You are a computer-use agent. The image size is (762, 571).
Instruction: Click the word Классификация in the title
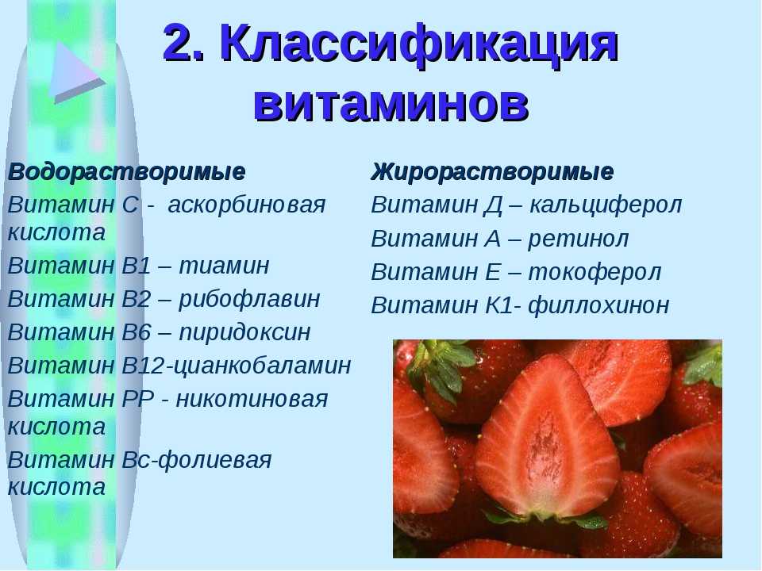click(x=419, y=44)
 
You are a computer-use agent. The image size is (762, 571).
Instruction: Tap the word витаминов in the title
click(x=391, y=103)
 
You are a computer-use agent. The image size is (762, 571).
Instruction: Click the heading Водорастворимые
click(x=126, y=172)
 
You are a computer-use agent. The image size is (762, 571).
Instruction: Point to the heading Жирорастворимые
click(x=492, y=172)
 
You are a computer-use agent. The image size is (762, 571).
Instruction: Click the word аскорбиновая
click(x=246, y=205)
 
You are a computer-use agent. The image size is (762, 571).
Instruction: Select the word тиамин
click(x=224, y=266)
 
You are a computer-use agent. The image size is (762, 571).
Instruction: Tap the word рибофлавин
click(x=249, y=299)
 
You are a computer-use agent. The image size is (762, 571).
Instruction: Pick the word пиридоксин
click(x=244, y=332)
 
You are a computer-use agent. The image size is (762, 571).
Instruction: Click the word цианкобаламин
click(x=262, y=366)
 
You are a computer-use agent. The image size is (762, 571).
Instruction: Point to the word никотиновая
click(x=252, y=399)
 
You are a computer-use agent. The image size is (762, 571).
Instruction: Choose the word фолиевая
click(x=215, y=460)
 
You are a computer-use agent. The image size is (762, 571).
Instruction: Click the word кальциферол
click(x=606, y=205)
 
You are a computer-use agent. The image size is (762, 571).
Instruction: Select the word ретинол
click(x=579, y=239)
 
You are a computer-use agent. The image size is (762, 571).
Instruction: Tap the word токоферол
click(x=595, y=272)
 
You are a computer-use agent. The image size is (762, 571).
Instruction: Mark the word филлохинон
click(x=598, y=305)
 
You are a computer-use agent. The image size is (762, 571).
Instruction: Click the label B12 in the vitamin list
click(x=144, y=366)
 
